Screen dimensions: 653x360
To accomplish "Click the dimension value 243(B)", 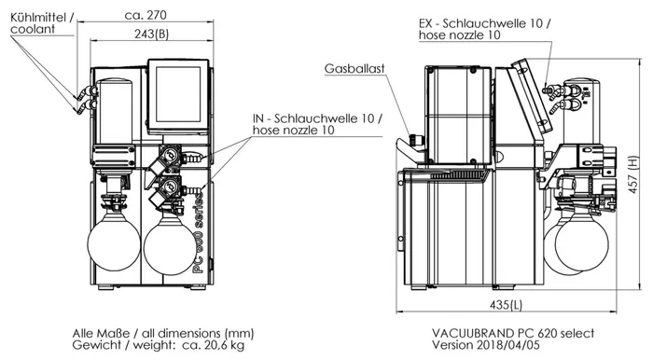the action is coord(151,35).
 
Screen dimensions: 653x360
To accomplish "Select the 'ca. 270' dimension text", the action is coord(146,15).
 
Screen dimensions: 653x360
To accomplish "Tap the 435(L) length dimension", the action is coord(506,305).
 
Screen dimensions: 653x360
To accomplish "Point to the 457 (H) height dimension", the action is coord(633,174).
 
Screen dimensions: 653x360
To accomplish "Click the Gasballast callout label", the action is coord(354,69).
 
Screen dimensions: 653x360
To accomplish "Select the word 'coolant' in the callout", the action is coord(33,29).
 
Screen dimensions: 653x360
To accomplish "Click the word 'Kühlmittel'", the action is coord(38,18).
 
